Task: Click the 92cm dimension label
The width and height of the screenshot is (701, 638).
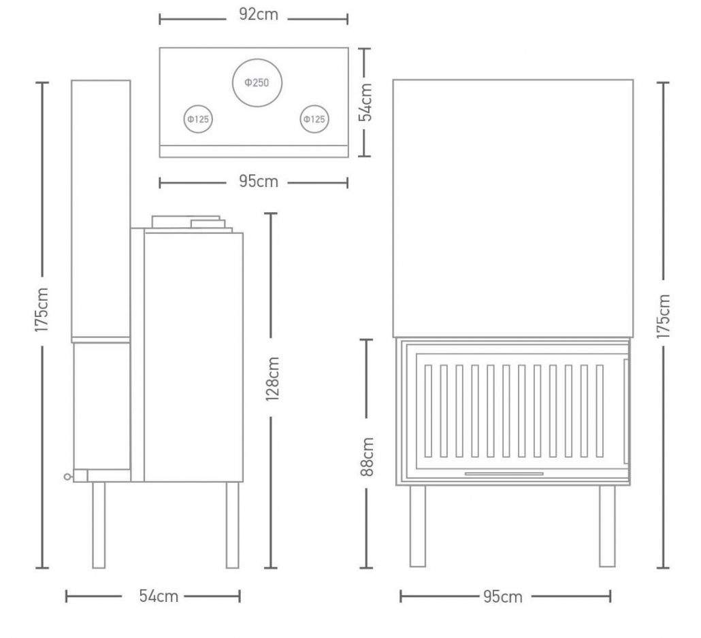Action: coord(259,14)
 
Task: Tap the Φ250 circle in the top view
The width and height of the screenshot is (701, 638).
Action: coord(257,59)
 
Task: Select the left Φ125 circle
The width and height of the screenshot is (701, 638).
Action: coord(198,105)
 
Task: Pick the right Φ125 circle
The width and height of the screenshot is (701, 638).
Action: coord(314,105)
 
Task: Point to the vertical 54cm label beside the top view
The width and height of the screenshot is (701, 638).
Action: coord(365,102)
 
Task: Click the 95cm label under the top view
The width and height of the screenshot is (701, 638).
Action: coord(259,182)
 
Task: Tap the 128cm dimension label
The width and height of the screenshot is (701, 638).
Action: coord(272,378)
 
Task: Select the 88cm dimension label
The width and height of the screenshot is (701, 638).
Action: coord(367,456)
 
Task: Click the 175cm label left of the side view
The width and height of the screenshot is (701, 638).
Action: coord(41,309)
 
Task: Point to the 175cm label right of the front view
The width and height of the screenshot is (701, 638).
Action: coord(664,316)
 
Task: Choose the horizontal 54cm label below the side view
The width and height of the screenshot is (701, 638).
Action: coord(159,596)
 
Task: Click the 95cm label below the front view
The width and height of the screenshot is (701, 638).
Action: coord(502,597)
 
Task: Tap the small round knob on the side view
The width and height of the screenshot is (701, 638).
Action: coord(67,477)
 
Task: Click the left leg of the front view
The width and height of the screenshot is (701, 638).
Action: coord(418,526)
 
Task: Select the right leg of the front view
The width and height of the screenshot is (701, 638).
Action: coord(607,526)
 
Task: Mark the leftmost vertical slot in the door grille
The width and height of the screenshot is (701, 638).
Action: coord(428,411)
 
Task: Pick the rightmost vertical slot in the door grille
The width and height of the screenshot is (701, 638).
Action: coord(600,411)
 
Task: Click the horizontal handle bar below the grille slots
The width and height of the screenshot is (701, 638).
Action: coord(504,473)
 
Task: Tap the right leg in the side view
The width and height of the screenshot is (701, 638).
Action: coord(233,525)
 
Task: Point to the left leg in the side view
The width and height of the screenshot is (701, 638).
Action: coord(99,525)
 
